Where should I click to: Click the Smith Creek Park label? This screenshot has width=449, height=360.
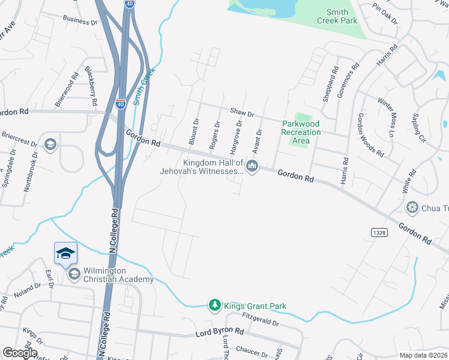point(341,16)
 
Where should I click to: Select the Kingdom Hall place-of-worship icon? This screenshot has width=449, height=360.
point(252,166)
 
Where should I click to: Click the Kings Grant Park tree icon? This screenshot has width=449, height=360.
point(214,306)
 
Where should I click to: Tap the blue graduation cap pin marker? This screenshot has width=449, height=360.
point(65,254)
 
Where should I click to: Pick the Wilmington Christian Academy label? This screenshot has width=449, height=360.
point(118,275)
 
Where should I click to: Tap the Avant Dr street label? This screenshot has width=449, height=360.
point(259,139)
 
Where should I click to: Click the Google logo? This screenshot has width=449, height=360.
point(20,353)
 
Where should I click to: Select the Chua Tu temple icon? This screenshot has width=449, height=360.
point(412,208)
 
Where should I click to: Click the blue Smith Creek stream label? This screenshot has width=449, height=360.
point(144,86)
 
